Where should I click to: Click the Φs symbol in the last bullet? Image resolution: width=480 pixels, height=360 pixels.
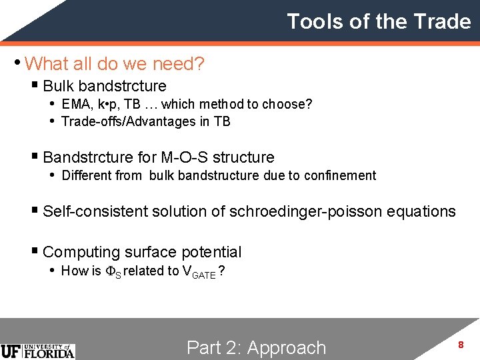click(113, 271)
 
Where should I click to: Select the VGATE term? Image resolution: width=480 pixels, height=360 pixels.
click(199, 272)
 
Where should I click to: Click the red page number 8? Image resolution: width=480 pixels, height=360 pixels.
click(460, 345)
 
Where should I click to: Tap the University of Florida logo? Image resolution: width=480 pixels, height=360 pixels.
click(38, 351)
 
